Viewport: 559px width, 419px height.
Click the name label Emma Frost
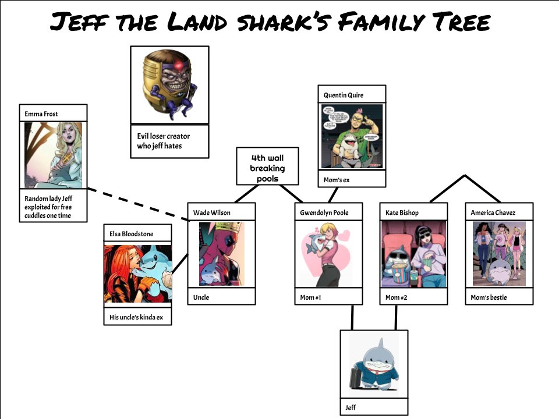click(x=41, y=114)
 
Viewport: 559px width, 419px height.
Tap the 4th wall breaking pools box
click(x=267, y=168)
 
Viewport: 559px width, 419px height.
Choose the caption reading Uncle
click(x=201, y=297)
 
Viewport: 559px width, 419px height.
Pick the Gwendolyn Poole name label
click(x=324, y=212)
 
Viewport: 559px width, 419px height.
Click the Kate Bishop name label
click(x=402, y=212)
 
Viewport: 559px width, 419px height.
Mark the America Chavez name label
click(x=493, y=212)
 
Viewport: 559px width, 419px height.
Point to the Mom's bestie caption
click(x=489, y=297)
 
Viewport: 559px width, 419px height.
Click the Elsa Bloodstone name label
click(x=132, y=234)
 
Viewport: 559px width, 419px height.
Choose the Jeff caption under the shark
click(x=351, y=407)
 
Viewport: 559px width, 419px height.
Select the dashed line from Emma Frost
click(x=140, y=204)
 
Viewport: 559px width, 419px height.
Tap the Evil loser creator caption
click(x=163, y=141)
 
